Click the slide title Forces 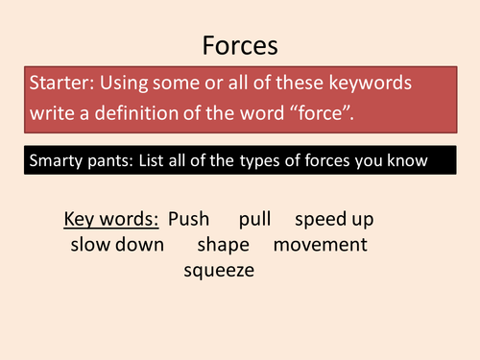239,45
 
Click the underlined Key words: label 111,219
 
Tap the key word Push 188,219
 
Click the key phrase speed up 334,220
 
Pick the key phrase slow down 117,245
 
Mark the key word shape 223,246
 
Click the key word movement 321,245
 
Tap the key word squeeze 219,271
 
